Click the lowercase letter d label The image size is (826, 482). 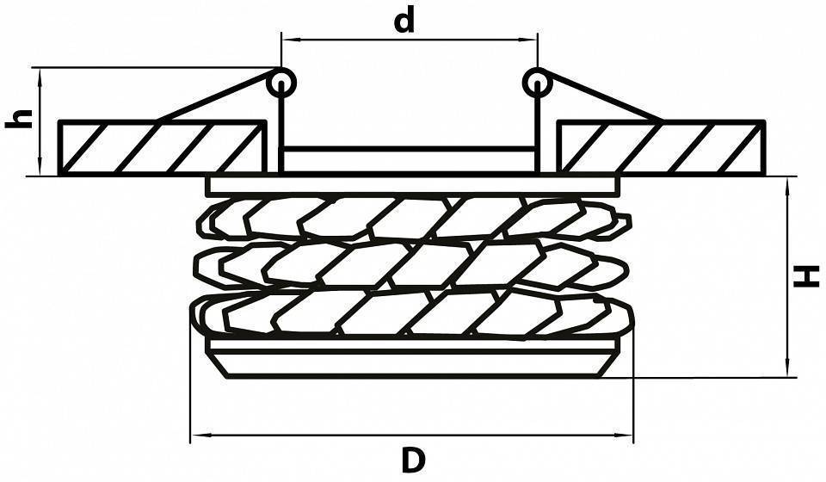404,21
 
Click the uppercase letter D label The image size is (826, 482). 413,460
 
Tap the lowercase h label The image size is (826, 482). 19,119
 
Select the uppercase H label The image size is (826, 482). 807,276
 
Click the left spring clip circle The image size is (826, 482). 281,83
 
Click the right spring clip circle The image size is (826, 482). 537,83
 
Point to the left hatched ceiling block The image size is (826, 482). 162,147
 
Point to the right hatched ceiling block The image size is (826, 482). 661,147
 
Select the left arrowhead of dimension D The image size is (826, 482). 198,436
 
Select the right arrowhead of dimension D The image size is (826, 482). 626,436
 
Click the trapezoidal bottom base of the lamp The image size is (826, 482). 413,364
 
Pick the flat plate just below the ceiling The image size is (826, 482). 413,184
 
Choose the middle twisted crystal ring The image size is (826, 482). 412,266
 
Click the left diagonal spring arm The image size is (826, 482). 216,96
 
